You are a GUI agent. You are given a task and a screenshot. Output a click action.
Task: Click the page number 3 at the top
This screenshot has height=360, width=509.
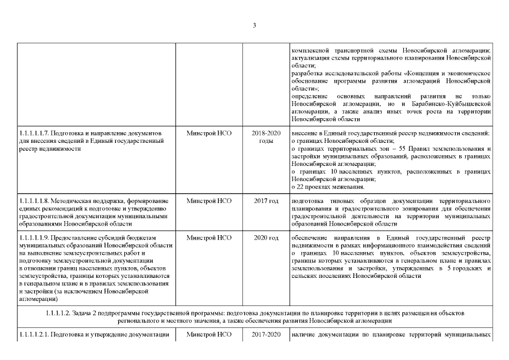point(254,25)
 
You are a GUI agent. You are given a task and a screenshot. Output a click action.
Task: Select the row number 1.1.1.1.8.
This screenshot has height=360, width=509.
point(33,200)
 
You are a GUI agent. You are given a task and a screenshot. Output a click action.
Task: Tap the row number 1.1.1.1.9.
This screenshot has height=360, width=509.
point(33,238)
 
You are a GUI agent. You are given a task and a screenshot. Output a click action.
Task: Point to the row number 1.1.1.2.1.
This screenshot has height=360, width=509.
point(33,335)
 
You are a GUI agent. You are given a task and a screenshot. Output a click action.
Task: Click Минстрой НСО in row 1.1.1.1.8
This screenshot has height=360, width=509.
point(209,200)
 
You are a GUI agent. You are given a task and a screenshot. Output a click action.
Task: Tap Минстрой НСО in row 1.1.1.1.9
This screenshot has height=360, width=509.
point(209,238)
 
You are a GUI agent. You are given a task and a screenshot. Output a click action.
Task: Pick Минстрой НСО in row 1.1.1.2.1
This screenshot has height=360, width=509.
point(209,335)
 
